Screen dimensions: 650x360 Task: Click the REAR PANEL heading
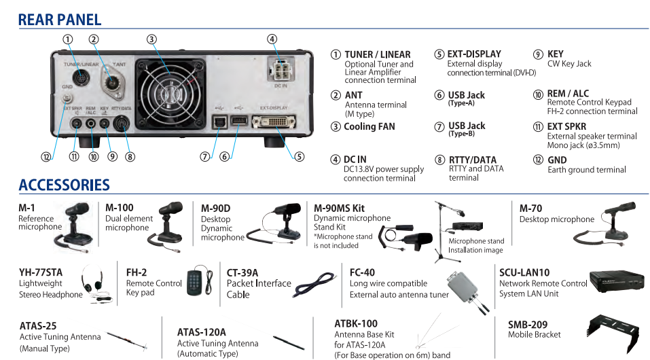pyautogui.click(x=60, y=20)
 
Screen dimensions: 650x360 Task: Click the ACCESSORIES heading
pyautogui.click(x=65, y=185)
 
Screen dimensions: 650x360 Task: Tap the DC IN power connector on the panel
pyautogui.click(x=281, y=69)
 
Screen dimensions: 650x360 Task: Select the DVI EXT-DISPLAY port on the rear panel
pyautogui.click(x=273, y=122)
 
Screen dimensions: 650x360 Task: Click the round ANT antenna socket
pyautogui.click(x=111, y=82)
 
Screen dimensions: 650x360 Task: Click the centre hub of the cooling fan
pyautogui.click(x=170, y=94)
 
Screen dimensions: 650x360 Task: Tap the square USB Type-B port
pyautogui.click(x=219, y=122)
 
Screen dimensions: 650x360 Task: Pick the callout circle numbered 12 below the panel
pyautogui.click(x=46, y=157)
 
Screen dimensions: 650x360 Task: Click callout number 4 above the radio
pyautogui.click(x=272, y=39)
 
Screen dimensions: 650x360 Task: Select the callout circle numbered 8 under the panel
pyautogui.click(x=130, y=157)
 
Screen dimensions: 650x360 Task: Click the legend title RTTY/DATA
pyautogui.click(x=473, y=160)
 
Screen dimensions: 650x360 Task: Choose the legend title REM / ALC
pyautogui.click(x=568, y=93)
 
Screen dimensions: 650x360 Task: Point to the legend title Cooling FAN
pyautogui.click(x=369, y=126)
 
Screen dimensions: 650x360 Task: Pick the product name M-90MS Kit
pyautogui.click(x=339, y=209)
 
